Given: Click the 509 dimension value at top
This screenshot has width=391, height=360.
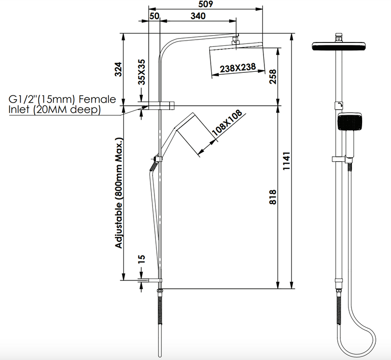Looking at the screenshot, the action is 206,4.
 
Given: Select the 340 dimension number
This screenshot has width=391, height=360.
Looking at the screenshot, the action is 198,16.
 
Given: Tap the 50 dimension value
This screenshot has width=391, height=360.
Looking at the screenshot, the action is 154,16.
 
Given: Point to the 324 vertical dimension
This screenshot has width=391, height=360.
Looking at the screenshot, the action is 118,69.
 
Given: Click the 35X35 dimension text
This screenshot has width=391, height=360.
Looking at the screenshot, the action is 142,72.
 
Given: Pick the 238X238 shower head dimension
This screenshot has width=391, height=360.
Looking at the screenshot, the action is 238,67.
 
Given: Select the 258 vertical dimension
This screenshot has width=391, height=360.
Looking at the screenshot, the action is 273,77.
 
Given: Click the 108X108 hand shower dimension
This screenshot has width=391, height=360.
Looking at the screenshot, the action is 227,123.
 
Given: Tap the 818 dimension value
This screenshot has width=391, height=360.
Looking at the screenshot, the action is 273,197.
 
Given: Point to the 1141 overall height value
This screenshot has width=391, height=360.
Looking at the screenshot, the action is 286,161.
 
